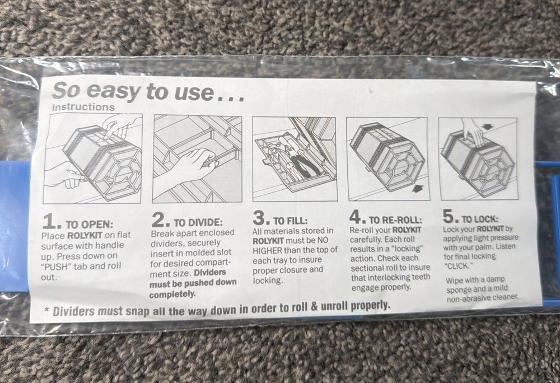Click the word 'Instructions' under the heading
(83, 106)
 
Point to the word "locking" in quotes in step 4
(404, 248)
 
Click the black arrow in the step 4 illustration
(416, 190)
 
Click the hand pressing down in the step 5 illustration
(472, 133)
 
